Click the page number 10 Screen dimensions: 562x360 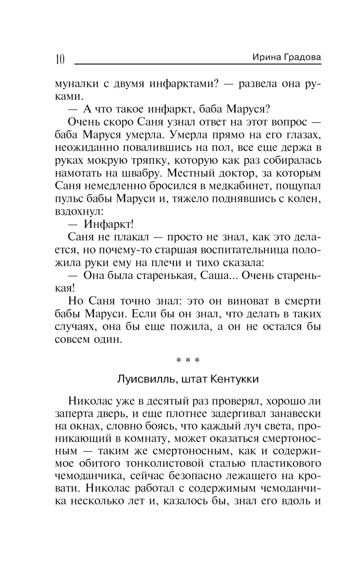click(60, 59)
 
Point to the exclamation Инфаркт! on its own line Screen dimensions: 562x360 click(108, 224)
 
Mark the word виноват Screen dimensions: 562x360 click(244, 301)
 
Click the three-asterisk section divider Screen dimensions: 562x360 click(188, 360)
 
